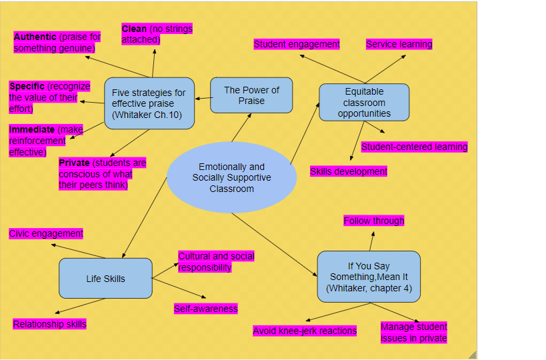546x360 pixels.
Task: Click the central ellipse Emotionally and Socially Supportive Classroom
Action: (231, 177)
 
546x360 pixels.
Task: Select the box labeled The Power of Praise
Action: (251, 95)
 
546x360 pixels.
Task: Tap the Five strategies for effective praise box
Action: (149, 103)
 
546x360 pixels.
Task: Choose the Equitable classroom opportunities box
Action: (364, 103)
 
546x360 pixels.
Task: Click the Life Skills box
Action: (105, 279)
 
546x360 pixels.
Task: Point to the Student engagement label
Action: (297, 45)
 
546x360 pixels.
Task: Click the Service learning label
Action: (399, 45)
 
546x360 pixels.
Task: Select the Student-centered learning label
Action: (414, 147)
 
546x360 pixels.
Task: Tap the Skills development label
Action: (348, 171)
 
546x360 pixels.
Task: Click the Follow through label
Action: (373, 221)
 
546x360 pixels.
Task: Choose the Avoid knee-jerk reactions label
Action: (305, 331)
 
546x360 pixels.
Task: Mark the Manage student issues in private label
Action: (413, 333)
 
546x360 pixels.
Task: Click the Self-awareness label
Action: (205, 309)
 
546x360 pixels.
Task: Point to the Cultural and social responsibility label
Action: (215, 261)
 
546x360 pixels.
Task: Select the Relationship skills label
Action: (49, 324)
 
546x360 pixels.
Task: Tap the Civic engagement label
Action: (46, 233)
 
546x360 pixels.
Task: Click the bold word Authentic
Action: (35, 37)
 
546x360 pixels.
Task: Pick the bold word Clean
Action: (134, 29)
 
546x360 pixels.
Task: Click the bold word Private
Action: (74, 163)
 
